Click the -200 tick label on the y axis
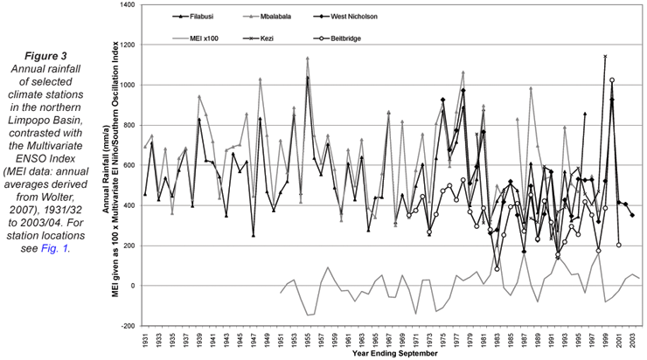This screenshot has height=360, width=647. point(124,325)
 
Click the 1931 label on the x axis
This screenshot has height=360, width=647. point(145,337)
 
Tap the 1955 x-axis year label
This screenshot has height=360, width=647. point(308,337)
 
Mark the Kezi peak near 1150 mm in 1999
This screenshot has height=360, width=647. point(605,57)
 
